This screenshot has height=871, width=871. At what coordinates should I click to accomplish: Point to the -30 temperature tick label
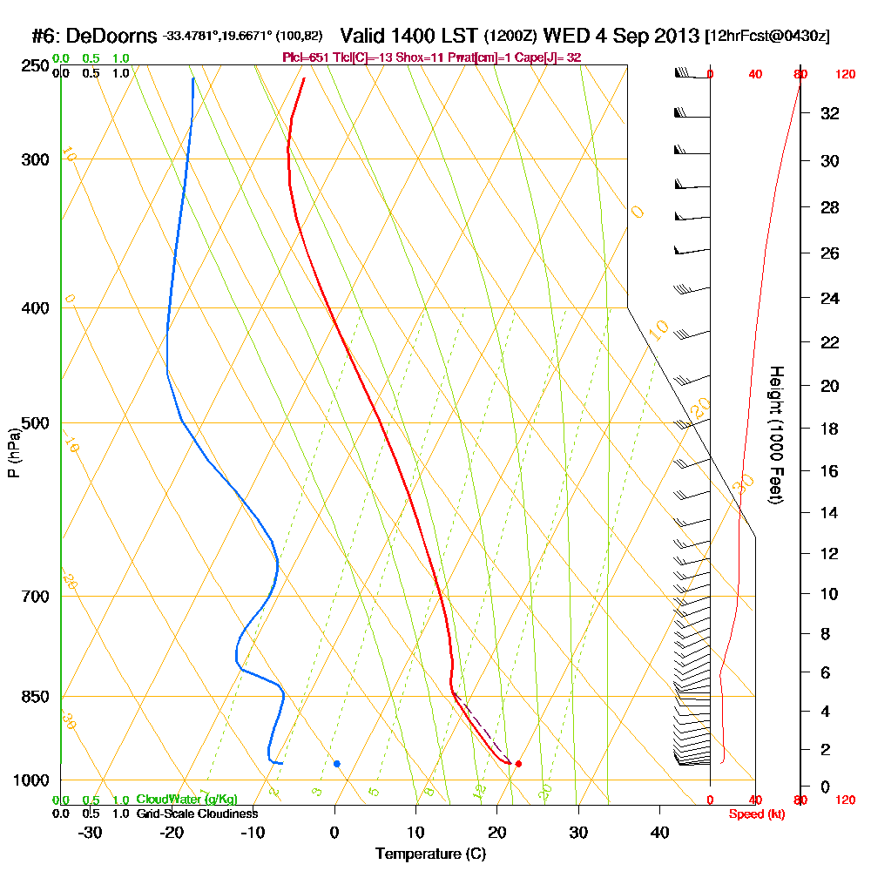pos(90,833)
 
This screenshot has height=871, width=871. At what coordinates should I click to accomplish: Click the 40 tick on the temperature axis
pos(659,833)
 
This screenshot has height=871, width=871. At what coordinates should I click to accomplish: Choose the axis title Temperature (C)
pos(430,854)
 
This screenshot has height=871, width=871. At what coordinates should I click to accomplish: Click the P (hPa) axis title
pos(13,451)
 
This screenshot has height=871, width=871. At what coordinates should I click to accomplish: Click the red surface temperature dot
pos(518,764)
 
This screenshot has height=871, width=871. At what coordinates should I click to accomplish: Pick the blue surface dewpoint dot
pos(337,764)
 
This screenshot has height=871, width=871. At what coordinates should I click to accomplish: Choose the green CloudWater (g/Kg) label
pos(186,800)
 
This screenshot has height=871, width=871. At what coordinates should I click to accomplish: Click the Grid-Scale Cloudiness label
pos(196,814)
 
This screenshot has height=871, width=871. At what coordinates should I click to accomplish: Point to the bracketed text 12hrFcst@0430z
pos(768,37)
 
